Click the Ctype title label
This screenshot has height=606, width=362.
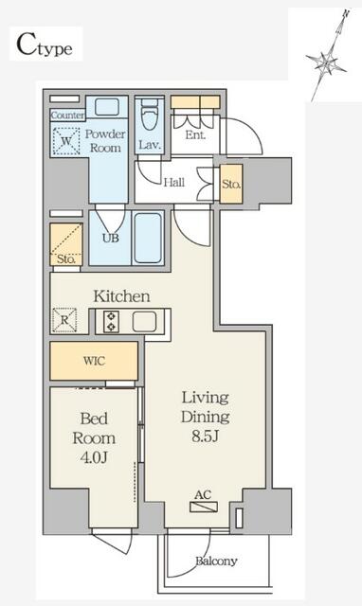pyautogui.click(x=45, y=44)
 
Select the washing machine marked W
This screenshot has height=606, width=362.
pyautogui.click(x=67, y=145)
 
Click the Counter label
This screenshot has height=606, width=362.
pyautogui.click(x=67, y=115)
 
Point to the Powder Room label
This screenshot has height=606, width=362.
pyautogui.click(x=106, y=141)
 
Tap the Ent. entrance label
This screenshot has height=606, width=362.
pyautogui.click(x=195, y=135)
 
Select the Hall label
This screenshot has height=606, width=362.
pyautogui.click(x=173, y=183)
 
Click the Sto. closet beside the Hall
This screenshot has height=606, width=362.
pyautogui.click(x=231, y=183)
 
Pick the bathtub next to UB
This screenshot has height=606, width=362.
pyautogui.click(x=148, y=238)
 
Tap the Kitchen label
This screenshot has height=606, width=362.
pyautogui.click(x=121, y=296)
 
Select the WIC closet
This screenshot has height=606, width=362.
pyautogui.click(x=94, y=361)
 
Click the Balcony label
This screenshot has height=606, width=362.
pyautogui.click(x=216, y=561)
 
